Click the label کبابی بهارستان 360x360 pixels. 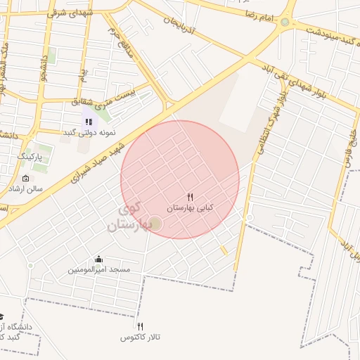pyautogui.click(x=190, y=209)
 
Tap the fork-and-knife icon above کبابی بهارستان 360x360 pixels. pyautogui.click(x=190, y=197)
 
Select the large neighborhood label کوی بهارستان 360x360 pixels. pyautogui.click(x=125, y=217)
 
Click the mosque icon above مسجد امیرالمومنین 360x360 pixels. pyautogui.click(x=98, y=259)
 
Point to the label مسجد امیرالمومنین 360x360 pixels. pyautogui.click(x=99, y=270)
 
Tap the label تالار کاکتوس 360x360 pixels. pyautogui.click(x=141, y=337)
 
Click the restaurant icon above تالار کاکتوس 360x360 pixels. pyautogui.click(x=141, y=326)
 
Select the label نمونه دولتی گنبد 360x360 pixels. pyautogui.click(x=89, y=132)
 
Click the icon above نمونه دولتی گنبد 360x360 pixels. pyautogui.click(x=89, y=122)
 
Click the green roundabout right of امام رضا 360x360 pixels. pyautogui.click(x=284, y=22)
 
